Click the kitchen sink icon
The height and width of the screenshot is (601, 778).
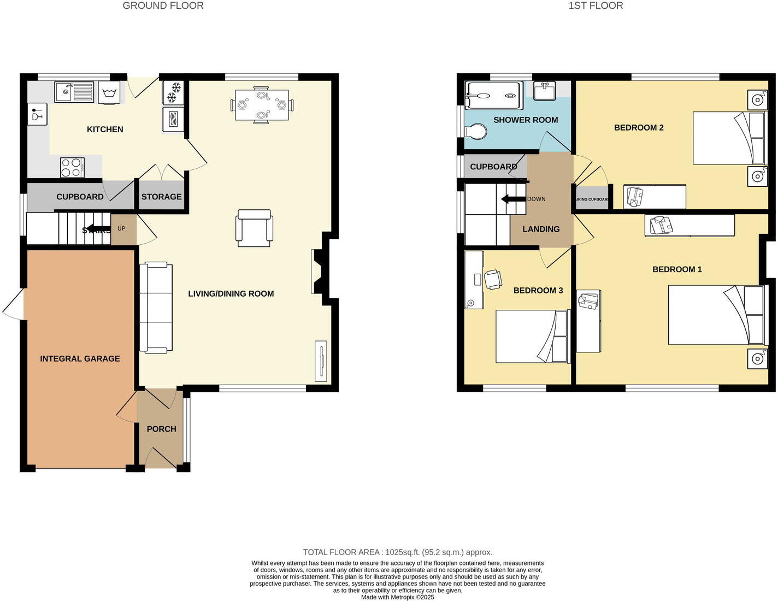[74, 91]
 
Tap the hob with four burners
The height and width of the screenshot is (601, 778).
[72, 167]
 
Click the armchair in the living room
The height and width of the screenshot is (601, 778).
[254, 228]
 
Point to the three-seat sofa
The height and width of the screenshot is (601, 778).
[156, 307]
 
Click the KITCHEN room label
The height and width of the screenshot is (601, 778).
[105, 129]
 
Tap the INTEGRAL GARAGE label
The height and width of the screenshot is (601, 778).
[80, 359]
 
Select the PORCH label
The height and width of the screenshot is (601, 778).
[161, 429]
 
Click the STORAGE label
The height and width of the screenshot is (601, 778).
[161, 197]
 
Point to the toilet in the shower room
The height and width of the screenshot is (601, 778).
[475, 132]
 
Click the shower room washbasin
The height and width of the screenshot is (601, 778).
[544, 91]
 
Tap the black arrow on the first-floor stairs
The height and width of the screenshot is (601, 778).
[513, 199]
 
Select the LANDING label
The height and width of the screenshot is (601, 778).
[541, 229]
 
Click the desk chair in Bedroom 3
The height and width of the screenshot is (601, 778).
[493, 279]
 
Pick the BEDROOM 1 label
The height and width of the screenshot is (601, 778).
[677, 269]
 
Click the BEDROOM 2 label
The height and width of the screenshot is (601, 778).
[639, 128]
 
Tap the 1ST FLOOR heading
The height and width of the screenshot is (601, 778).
[596, 6]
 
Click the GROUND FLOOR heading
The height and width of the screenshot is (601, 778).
[163, 6]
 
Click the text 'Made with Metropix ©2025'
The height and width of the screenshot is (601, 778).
[397, 597]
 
